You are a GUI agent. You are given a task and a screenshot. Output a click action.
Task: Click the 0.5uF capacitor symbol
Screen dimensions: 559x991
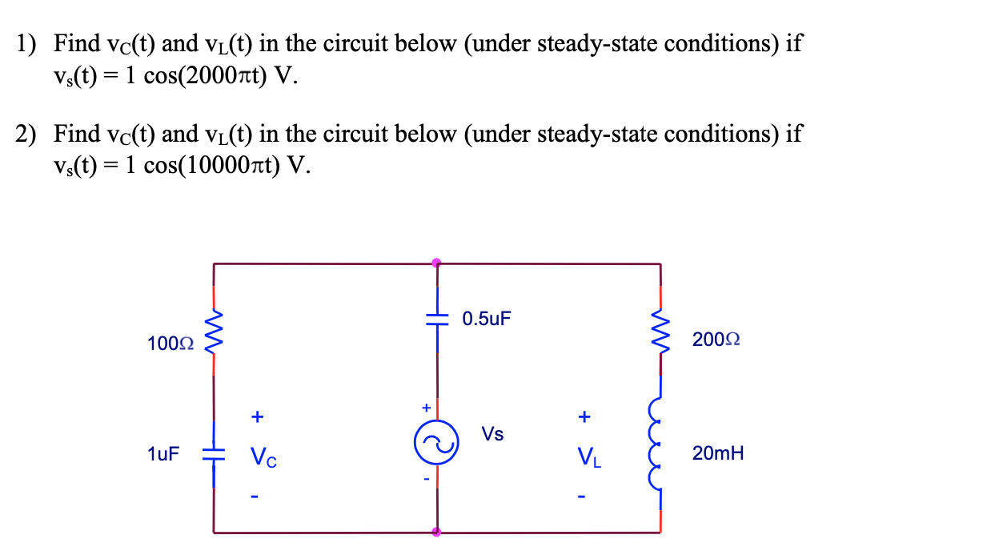[x=436, y=319]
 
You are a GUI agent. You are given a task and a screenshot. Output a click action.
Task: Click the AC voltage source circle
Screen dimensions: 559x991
[x=436, y=443]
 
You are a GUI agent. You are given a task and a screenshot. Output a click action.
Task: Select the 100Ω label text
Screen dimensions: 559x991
[x=171, y=344]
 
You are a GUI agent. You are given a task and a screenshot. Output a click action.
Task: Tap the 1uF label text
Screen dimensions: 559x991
[x=163, y=454]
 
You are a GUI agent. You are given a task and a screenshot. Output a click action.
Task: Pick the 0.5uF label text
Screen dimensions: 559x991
[x=487, y=319]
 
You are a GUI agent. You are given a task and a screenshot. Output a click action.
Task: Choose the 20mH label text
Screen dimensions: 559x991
[x=718, y=454]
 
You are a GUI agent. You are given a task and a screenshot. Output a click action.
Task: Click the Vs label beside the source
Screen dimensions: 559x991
[x=493, y=434]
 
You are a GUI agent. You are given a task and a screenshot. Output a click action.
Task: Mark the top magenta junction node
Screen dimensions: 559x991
[x=436, y=262]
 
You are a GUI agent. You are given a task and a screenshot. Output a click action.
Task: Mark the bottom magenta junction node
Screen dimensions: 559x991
[x=436, y=532]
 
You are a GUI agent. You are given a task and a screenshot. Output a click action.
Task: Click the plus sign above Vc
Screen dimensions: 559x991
[x=257, y=416]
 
